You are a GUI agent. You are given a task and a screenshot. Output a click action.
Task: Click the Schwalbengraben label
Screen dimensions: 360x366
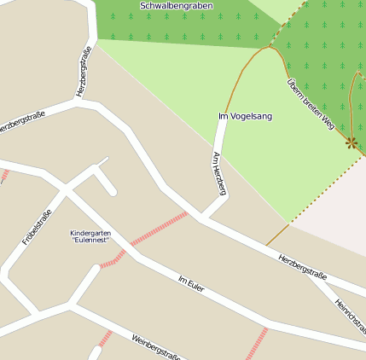[177, 6]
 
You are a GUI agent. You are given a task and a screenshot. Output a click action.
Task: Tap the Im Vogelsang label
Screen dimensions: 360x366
[246, 116]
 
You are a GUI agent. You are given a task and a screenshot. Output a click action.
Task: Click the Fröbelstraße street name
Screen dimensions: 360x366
[38, 228]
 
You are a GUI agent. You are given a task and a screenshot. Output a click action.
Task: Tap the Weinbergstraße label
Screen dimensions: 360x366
[156, 348]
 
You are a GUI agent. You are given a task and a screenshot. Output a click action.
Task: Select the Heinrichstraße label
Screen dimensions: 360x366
[350, 316]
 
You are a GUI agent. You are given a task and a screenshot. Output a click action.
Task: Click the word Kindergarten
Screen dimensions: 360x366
[90, 233]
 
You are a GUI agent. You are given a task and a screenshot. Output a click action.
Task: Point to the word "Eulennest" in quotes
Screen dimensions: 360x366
[90, 241]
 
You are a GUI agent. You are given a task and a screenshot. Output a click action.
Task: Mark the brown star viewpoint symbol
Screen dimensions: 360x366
[351, 142]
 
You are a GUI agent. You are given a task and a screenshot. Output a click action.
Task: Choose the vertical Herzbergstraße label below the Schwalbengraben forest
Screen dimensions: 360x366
[84, 72]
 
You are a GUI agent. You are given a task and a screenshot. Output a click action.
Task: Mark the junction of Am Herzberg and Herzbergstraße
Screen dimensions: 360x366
[201, 217]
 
